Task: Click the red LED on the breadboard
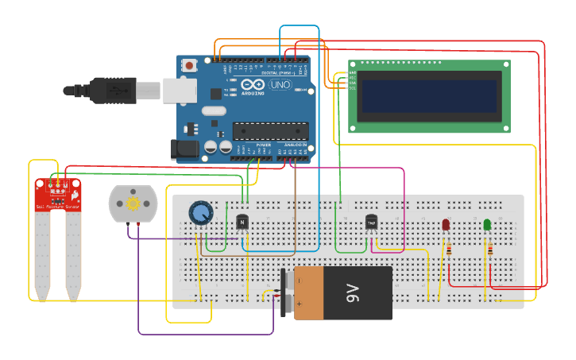tap(446, 225)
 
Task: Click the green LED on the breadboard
tap(487, 225)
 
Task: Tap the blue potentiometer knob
tap(201, 213)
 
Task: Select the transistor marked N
tap(242, 223)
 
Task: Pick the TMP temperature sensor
tap(371, 223)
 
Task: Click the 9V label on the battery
tap(354, 293)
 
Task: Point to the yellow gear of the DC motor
tap(133, 203)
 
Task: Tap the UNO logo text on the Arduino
tap(280, 84)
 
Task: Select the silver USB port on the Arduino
tap(180, 91)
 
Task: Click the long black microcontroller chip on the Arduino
tap(270, 130)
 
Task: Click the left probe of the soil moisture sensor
tap(42, 254)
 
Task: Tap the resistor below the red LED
tap(449, 250)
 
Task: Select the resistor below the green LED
tap(489, 250)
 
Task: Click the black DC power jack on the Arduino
tap(182, 149)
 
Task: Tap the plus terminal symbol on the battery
tap(299, 303)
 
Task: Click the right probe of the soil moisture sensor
tap(73, 254)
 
